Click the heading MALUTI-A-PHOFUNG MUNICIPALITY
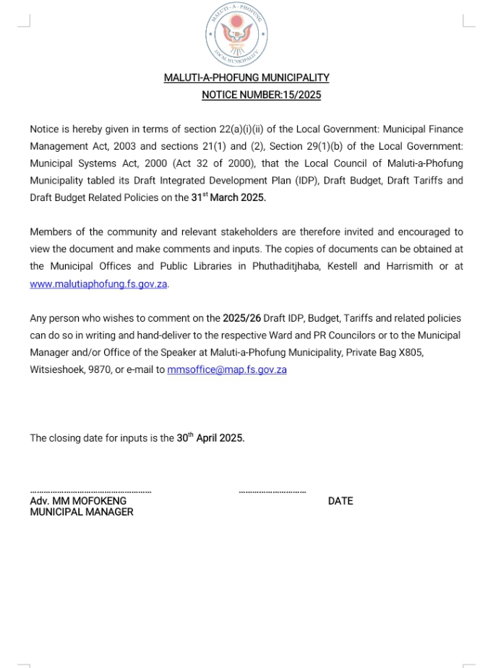click(x=246, y=77)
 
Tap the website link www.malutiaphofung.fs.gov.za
click(x=98, y=284)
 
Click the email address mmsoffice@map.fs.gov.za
click(x=227, y=369)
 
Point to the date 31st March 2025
click(x=223, y=197)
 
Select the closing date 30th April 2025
click(x=210, y=438)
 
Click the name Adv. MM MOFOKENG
click(x=78, y=501)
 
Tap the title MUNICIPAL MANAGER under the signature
click(x=82, y=512)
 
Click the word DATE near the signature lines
click(x=340, y=501)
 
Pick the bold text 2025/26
click(x=241, y=318)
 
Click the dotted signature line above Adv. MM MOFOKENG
click(x=90, y=492)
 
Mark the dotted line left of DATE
click(x=273, y=492)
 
